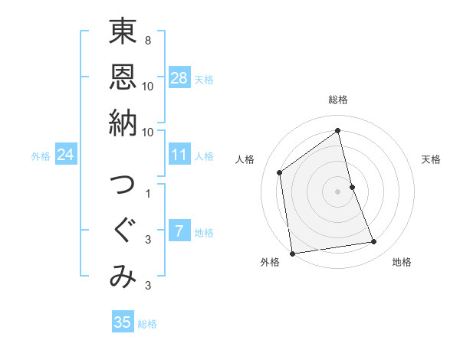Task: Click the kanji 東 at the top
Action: point(122,34)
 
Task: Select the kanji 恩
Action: point(122,78)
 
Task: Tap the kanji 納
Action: point(122,123)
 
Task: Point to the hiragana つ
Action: point(122,186)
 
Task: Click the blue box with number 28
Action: point(179,78)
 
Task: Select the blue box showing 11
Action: point(179,155)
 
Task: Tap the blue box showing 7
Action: point(179,231)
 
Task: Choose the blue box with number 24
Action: point(66,155)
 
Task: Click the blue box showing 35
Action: point(123,322)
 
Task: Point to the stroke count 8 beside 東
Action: point(147,40)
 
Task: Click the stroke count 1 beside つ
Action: point(147,193)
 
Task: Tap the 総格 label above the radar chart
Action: point(338,100)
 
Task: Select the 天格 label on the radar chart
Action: point(431,159)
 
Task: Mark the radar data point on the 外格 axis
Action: point(291,253)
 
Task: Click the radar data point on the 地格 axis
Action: point(374,242)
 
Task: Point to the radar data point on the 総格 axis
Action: point(338,130)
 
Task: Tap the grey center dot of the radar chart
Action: point(338,191)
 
